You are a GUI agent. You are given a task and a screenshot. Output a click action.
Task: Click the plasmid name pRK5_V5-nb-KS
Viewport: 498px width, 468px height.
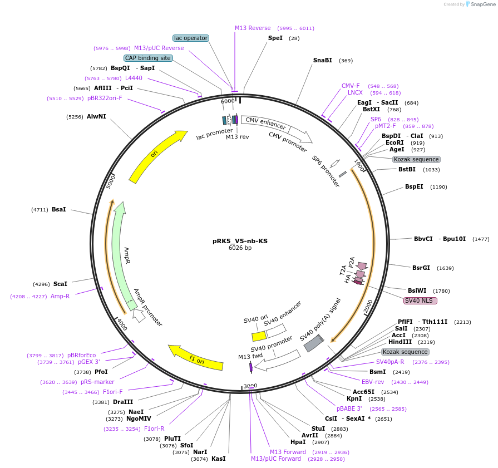tap(240, 241)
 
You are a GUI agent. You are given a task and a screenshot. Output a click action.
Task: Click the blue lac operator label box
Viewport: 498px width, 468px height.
tap(191, 38)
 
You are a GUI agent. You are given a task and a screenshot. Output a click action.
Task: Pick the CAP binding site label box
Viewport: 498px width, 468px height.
tap(148, 58)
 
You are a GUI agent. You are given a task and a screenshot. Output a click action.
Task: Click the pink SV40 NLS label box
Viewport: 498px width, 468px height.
tap(421, 301)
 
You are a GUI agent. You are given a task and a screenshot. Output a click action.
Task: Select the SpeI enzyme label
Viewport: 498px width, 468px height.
tap(275, 38)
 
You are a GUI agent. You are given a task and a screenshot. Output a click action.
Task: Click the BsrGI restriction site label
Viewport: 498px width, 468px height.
tap(421, 268)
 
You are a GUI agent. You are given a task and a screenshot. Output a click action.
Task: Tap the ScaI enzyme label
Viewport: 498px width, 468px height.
tap(60, 284)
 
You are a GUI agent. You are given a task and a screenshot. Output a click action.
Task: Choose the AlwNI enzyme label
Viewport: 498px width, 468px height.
tap(96, 116)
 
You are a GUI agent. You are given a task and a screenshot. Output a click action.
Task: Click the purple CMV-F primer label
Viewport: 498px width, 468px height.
tap(351, 86)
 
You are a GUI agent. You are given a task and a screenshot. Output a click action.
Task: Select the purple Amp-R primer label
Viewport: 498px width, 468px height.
tap(60, 296)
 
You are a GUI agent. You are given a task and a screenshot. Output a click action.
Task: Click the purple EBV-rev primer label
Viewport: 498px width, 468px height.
tap(373, 382)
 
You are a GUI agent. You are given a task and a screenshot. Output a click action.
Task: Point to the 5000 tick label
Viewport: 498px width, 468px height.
tap(111, 180)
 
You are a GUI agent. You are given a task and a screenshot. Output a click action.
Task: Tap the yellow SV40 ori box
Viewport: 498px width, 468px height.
tap(259, 336)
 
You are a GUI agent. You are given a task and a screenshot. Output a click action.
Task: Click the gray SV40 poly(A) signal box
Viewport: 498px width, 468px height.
tap(313, 343)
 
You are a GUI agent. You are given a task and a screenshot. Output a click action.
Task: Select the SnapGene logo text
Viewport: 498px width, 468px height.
tap(481, 4)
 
